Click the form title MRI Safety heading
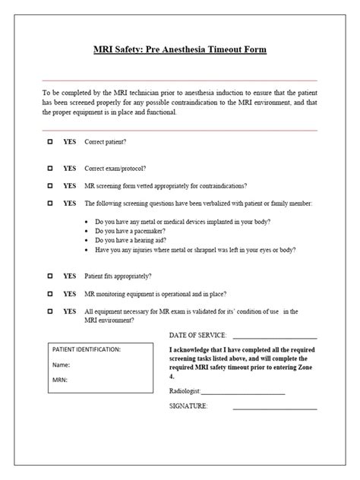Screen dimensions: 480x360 tap(180, 49)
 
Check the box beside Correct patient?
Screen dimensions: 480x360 tap(50, 142)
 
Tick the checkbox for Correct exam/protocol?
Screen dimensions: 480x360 tap(50, 168)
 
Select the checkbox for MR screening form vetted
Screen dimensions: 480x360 tap(50, 185)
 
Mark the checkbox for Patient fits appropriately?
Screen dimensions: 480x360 tap(50, 276)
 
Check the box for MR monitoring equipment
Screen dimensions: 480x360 tap(50, 293)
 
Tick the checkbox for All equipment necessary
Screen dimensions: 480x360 tap(50, 311)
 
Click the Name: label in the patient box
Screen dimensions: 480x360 tap(62, 364)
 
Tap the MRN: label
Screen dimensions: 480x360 tap(61, 379)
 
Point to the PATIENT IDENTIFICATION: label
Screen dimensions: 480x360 tap(86, 349)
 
